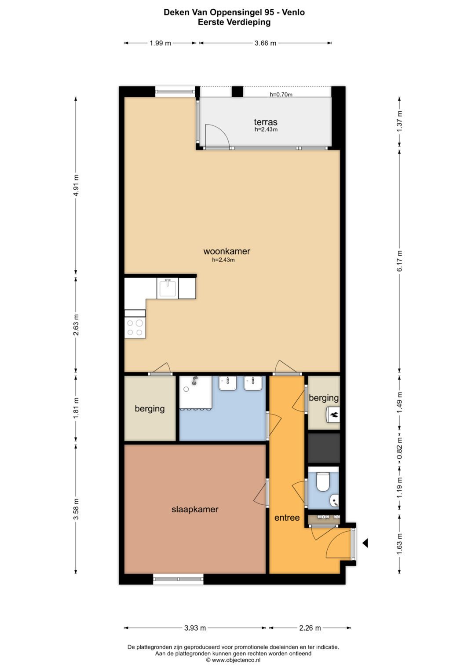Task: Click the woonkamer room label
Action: tap(227, 251)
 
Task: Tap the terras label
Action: tap(266, 122)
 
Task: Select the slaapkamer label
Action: tap(195, 509)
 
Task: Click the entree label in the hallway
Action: tap(287, 518)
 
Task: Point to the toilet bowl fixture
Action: tap(323, 481)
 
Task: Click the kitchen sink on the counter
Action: tap(168, 288)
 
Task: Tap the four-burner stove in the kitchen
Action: tap(135, 327)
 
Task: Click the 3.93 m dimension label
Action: tap(195, 628)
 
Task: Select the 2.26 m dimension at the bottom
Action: tap(310, 628)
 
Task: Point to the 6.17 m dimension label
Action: tap(400, 261)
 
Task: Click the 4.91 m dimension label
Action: tap(76, 185)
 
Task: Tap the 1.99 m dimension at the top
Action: tap(160, 43)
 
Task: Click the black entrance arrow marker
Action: tap(365, 543)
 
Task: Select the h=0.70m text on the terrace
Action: tap(281, 94)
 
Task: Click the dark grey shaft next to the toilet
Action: tap(324, 448)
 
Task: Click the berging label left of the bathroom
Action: tap(150, 408)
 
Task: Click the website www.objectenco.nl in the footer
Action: tap(233, 660)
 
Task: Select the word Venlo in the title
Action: tap(293, 12)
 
